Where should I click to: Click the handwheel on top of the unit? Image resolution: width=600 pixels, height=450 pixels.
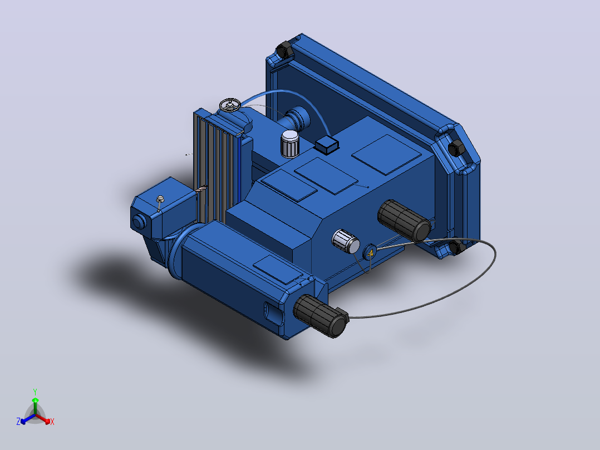coord(229,105)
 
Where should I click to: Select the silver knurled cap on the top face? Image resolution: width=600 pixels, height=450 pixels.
coord(289,144)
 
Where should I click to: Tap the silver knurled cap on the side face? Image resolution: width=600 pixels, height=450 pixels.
coord(346,241)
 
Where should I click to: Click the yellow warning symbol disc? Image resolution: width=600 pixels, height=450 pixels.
coord(370,252)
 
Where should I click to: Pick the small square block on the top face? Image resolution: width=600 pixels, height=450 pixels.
coord(326,144)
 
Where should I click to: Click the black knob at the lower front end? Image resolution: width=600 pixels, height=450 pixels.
coord(321,316)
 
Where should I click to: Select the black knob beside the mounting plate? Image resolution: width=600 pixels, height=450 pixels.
coord(404,221)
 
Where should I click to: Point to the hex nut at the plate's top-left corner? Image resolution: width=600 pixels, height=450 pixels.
coord(284,50)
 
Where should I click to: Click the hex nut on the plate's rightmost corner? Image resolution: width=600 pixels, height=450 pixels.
coord(455,148)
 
